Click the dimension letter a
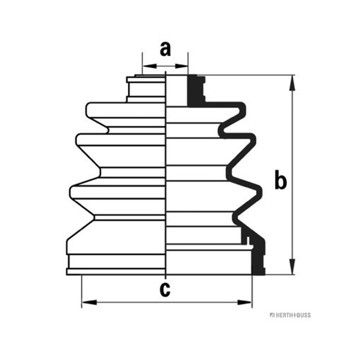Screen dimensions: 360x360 pos(165,49)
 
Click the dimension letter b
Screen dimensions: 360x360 pos(280,180)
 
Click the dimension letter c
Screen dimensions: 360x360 pos(165,289)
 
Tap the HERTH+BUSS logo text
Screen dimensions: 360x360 pos(290,315)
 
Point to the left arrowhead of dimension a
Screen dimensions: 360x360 pos(149,66)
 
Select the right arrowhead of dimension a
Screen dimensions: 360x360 pos(181,66)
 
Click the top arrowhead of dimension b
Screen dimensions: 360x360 pos(292,83)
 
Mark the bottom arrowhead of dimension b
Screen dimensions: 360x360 pos(292,266)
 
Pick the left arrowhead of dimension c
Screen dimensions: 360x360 pos(89,302)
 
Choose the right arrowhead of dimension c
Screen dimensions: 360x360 pos(245,302)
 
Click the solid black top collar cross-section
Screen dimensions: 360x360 pos(195,90)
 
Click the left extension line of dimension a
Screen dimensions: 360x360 pos(142,63)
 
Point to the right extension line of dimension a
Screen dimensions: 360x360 pos(188,63)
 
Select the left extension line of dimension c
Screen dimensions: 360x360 pos(81,291)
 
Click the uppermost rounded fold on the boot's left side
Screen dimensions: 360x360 pos(126,110)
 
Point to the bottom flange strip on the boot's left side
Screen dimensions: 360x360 pos(116,272)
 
